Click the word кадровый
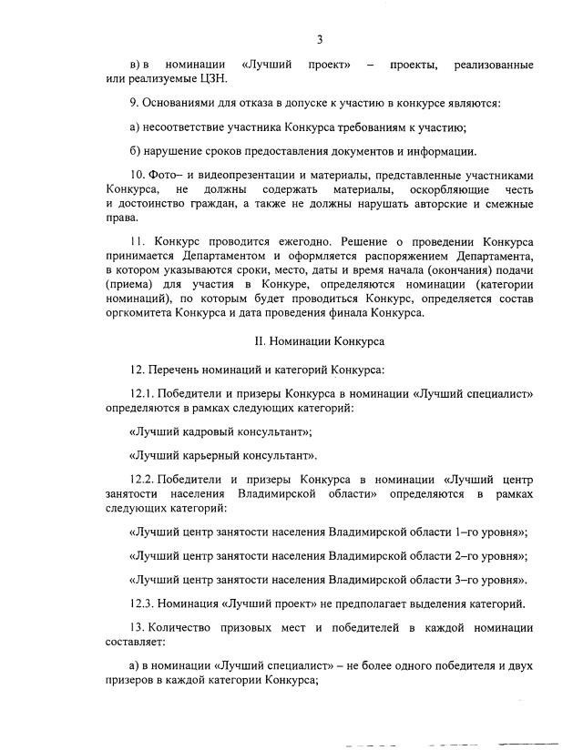[x=206, y=431]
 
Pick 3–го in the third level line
[x=455, y=579]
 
